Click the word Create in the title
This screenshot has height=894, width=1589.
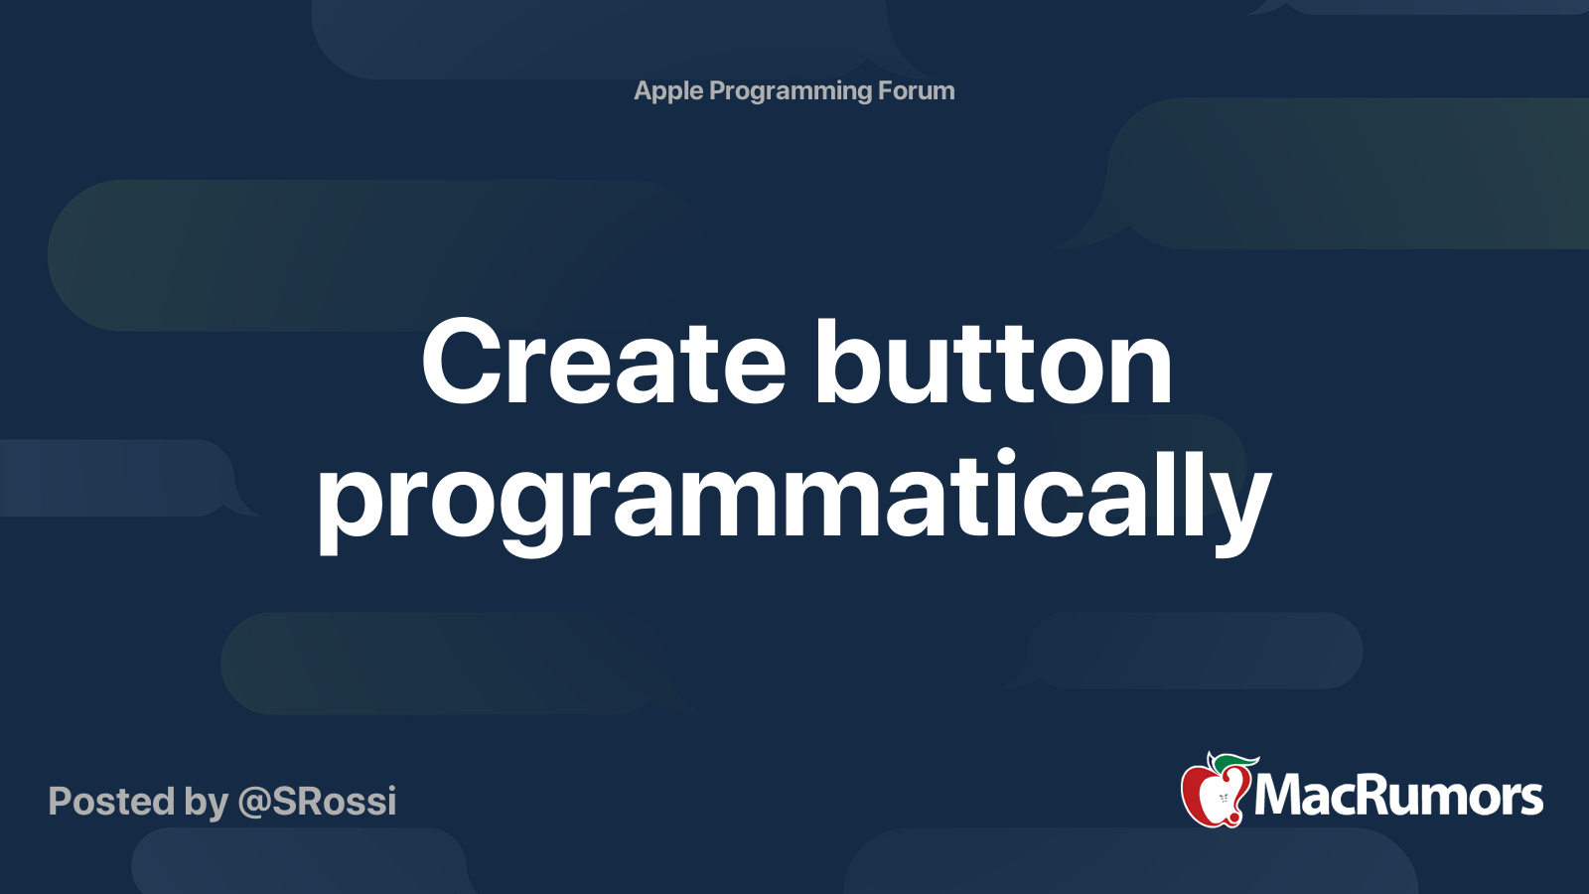[x=604, y=362]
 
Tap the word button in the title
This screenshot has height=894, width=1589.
[x=993, y=362]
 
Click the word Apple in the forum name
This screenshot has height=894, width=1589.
[x=668, y=91]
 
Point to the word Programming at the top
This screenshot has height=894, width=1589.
[x=791, y=91]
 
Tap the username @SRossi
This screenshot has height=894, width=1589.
[x=317, y=801]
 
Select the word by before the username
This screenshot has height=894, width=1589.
[x=207, y=803]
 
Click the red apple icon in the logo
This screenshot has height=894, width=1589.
[x=1214, y=793]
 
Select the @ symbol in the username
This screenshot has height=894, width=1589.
[x=254, y=804]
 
